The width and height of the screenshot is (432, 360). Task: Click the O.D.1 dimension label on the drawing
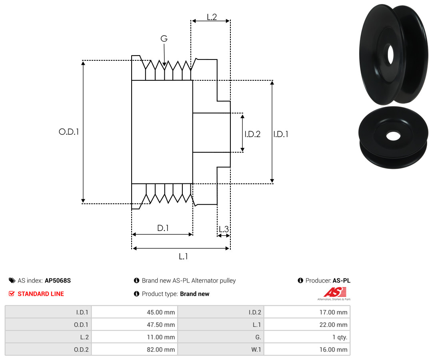69,132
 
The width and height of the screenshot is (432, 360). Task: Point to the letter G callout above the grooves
164,38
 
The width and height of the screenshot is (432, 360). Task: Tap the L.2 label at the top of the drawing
212,17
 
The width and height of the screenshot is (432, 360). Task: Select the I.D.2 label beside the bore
252,134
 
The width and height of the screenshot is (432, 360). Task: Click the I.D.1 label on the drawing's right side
281,134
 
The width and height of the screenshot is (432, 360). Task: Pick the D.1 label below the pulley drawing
163,228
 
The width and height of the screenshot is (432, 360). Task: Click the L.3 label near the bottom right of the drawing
224,229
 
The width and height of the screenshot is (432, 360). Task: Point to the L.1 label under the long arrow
183,257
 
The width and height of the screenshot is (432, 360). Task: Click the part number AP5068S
58,280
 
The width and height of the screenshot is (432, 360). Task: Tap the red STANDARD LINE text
41,294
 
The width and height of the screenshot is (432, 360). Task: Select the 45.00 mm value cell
161,312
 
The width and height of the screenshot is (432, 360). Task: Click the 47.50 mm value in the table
161,325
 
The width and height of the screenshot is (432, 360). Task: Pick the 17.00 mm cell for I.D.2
333,312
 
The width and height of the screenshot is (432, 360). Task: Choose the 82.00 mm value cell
161,350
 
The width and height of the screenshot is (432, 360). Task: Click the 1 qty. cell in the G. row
340,337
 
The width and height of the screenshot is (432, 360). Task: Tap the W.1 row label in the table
256,350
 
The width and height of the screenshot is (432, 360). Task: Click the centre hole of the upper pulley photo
390,54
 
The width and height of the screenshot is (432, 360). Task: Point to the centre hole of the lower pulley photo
393,136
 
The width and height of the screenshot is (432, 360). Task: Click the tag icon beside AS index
12,280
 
